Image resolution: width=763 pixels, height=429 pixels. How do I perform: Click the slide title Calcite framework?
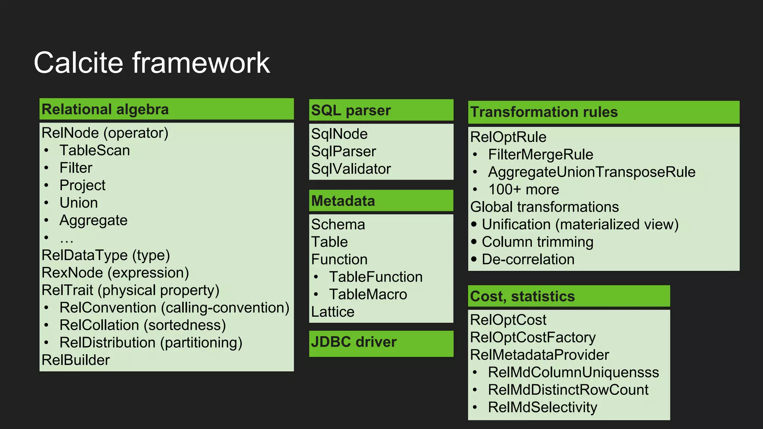click(x=152, y=63)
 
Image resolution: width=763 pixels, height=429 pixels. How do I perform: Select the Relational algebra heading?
click(x=105, y=109)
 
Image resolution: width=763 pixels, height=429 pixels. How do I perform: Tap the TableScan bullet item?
click(x=95, y=150)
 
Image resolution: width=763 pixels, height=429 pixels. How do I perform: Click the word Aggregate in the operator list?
click(x=94, y=220)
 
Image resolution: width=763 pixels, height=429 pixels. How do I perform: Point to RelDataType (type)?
click(x=106, y=255)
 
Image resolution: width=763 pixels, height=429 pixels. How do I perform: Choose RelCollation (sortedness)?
click(x=143, y=325)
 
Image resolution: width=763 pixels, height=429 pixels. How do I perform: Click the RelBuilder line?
click(x=76, y=360)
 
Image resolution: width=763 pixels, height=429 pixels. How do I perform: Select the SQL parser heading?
click(x=351, y=111)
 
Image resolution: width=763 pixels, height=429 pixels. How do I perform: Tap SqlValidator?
click(x=351, y=169)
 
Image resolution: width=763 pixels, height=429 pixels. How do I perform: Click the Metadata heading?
click(x=343, y=201)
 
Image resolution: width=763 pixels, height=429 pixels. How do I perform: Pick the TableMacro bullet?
click(x=368, y=295)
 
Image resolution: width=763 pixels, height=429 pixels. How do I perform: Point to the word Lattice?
click(x=333, y=312)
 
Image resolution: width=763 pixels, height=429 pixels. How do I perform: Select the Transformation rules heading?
click(x=544, y=112)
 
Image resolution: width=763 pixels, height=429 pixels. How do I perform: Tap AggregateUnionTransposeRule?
click(x=592, y=172)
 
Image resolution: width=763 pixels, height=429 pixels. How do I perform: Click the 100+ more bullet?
click(x=523, y=190)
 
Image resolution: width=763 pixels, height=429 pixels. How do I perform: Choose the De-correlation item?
click(x=528, y=260)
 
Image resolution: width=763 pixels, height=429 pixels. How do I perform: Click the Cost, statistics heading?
click(x=522, y=296)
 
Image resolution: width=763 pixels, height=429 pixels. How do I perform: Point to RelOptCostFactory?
click(x=533, y=337)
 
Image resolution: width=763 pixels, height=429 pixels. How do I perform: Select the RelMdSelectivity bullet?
click(x=542, y=407)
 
